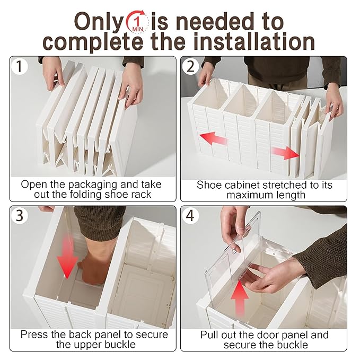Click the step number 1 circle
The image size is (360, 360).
pyautogui.click(x=19, y=66)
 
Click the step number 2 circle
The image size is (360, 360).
pyautogui.click(x=190, y=66)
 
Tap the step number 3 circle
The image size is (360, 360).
pyautogui.click(x=19, y=216)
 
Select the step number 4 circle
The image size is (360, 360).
pyautogui.click(x=190, y=216)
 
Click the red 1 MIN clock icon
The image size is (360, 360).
pyautogui.click(x=138, y=22)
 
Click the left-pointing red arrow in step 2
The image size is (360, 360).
pyautogui.click(x=214, y=138)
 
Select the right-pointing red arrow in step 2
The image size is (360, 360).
pyautogui.click(x=286, y=153)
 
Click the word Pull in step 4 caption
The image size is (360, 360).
pyautogui.click(x=210, y=335)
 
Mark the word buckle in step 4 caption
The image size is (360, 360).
pyautogui.click(x=295, y=345)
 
